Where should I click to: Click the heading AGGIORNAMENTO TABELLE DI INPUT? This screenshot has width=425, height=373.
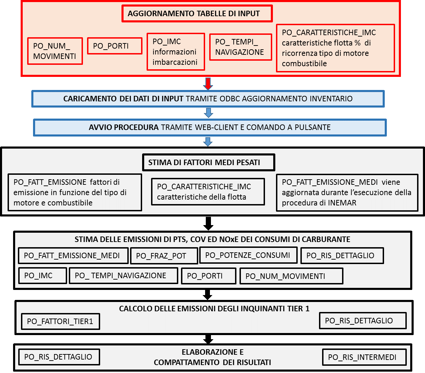pyautogui.click(x=194, y=14)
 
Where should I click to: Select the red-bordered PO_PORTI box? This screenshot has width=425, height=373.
pyautogui.click(x=115, y=46)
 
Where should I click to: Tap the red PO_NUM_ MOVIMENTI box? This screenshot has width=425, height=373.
pyautogui.click(x=55, y=51)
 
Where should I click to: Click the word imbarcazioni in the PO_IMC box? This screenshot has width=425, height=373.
pyautogui.click(x=175, y=62)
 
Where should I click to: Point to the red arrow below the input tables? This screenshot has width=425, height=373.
pyautogui.click(x=208, y=84)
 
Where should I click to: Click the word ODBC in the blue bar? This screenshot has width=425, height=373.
pyautogui.click(x=230, y=99)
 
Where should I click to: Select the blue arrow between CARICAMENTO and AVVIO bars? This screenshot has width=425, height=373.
pyautogui.click(x=208, y=113)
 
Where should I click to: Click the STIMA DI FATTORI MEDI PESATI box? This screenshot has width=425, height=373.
pyautogui.click(x=209, y=162)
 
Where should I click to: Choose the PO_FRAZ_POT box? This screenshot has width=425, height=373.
pyautogui.click(x=164, y=256)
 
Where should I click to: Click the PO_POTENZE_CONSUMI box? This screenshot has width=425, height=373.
pyautogui.click(x=248, y=255)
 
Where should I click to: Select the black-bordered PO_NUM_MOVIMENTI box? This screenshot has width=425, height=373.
pyautogui.click(x=291, y=276)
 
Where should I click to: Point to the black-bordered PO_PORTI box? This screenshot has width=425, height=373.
pyautogui.click(x=209, y=276)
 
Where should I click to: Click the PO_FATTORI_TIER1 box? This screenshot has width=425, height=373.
pyautogui.click(x=61, y=321)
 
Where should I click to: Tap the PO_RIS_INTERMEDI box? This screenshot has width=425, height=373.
pyautogui.click(x=364, y=357)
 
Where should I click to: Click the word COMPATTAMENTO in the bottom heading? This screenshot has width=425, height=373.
pyautogui.click(x=187, y=362)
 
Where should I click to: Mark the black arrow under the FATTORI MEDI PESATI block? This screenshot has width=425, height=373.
pyautogui.click(x=208, y=223)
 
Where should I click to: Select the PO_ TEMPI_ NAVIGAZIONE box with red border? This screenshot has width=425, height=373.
pyautogui.click(x=241, y=47)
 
